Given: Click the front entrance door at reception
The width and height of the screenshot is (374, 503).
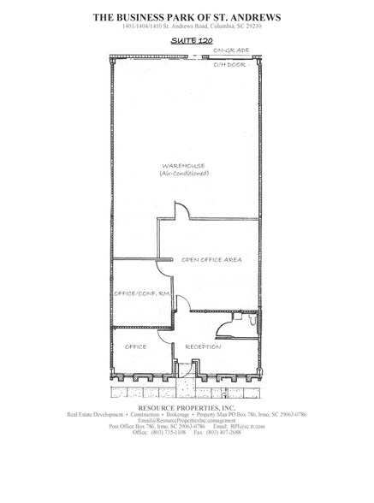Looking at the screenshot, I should pyautogui.click(x=187, y=368).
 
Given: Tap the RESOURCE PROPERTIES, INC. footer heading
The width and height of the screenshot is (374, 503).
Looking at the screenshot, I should pyautogui.click(x=186, y=408).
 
